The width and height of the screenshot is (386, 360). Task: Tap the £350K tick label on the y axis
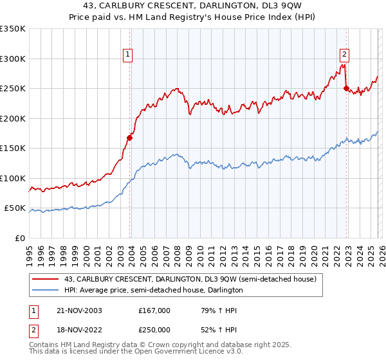click(x=13, y=29)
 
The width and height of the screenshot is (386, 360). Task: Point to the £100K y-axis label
click(x=13, y=178)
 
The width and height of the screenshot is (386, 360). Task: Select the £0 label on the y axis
click(x=19, y=238)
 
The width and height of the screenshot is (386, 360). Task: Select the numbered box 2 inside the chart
click(x=345, y=55)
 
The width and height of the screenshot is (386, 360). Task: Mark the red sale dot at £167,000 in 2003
click(x=130, y=137)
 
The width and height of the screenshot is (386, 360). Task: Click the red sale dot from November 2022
click(x=346, y=88)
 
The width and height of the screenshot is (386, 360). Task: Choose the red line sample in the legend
click(x=45, y=280)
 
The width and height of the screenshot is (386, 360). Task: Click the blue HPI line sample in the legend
click(x=45, y=291)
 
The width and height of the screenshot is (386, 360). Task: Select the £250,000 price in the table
click(x=154, y=328)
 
